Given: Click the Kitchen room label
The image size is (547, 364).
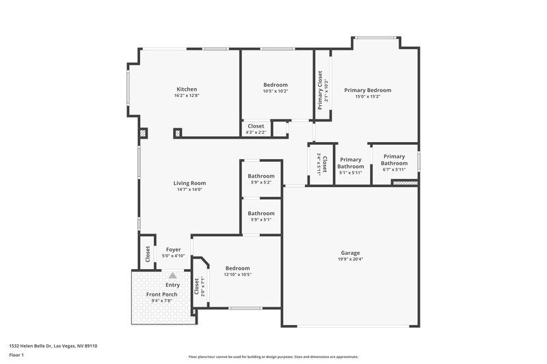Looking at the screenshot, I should pos(187,89).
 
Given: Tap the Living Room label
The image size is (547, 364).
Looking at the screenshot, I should pos(189,183).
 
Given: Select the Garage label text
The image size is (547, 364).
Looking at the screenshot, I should pos(350,253).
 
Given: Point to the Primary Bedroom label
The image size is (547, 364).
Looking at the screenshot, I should pos(367,90).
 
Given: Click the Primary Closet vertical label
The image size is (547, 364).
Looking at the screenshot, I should pos(320,90).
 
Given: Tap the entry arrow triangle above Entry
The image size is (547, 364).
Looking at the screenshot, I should pos(173,275).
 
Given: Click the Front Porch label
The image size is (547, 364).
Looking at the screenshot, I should pos(162,294).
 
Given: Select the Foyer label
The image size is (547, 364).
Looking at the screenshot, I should pos(173,250).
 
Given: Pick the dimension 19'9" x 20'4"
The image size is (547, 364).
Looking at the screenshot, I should pos(350,260).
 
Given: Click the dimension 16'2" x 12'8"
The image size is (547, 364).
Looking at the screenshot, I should pos(187,96).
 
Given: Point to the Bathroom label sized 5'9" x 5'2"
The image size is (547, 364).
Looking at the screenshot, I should pos(261,176).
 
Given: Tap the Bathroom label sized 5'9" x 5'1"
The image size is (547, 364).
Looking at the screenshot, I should pos(261,213).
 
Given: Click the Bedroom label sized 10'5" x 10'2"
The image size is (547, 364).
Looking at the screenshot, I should pos(276,85).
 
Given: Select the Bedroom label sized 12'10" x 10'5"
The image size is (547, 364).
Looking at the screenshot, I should pos(237,268).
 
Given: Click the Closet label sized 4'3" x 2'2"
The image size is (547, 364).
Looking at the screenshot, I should pos(256,126).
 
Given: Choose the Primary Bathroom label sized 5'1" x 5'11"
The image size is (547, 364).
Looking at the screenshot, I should pos(351,163).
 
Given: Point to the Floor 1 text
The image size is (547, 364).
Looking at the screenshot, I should pos(16,355).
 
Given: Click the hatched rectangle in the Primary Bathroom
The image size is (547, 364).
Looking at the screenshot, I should pos(404,182).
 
